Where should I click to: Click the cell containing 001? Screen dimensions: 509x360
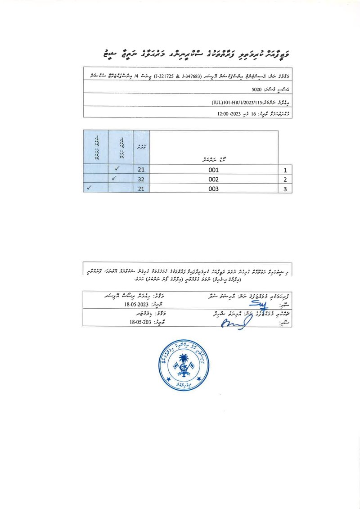tap(214, 171)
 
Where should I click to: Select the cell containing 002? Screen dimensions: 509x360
tap(214, 180)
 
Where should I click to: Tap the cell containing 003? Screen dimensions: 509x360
tap(214, 189)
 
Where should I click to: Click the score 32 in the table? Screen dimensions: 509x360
tap(141, 180)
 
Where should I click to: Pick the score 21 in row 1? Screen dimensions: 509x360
tap(141, 171)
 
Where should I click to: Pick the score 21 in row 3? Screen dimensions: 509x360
tap(141, 189)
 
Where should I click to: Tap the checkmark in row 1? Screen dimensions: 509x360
tap(117, 170)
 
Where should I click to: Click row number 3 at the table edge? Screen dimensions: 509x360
tap(285, 189)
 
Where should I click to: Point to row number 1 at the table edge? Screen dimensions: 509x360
tap(285, 171)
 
